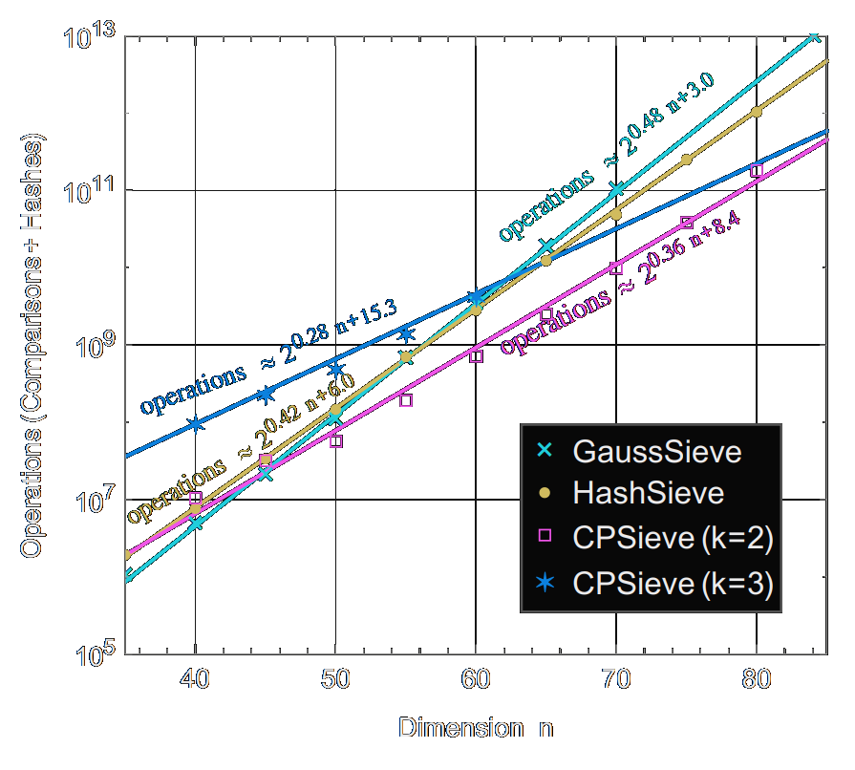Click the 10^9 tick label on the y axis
click(x=92, y=345)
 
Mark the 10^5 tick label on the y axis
click(x=92, y=654)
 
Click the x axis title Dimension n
click(x=475, y=729)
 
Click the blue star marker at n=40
click(x=195, y=424)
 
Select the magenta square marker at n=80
click(x=757, y=170)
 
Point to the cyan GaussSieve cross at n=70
click(x=616, y=189)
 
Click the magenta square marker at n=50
click(x=335, y=441)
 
